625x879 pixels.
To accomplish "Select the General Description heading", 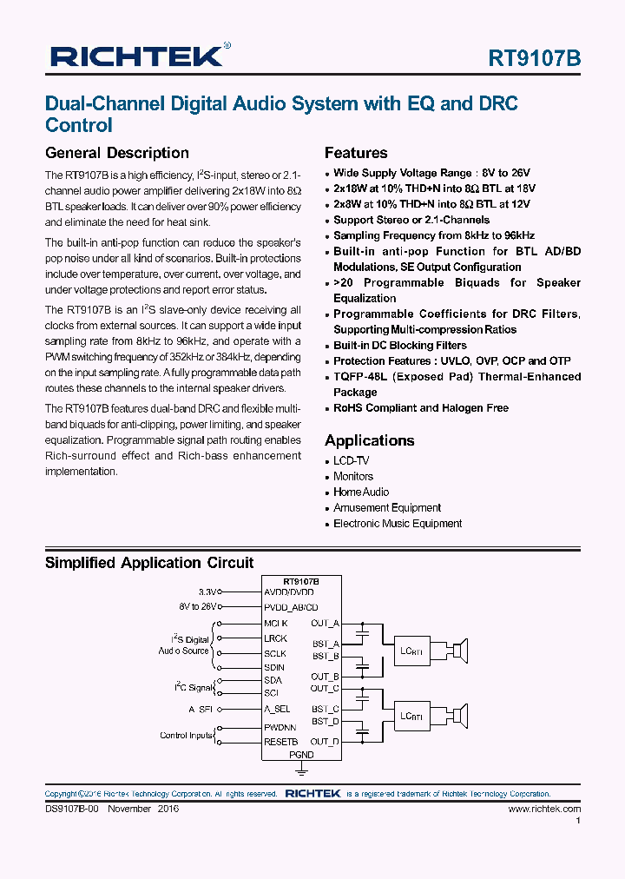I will click(116, 153).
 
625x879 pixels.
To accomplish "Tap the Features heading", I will click(356, 153).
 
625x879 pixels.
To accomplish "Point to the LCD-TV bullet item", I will click(351, 461).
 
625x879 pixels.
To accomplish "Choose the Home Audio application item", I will click(361, 492).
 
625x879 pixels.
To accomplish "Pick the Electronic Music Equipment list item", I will click(398, 524).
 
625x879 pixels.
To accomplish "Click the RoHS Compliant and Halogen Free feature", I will click(421, 408).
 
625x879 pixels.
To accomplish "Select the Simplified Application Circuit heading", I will click(149, 563).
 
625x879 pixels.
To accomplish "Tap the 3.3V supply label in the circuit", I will click(207, 592).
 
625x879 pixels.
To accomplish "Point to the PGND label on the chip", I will click(301, 755).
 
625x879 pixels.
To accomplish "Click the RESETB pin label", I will click(281, 742).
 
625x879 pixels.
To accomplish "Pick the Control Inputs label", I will click(186, 736).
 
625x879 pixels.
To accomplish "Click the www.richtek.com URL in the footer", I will click(544, 809).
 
